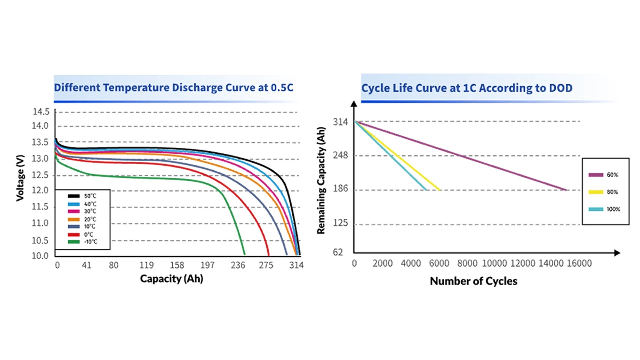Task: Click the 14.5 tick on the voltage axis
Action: tap(41, 112)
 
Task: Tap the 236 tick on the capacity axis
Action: tap(238, 265)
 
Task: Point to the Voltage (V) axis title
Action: tap(20, 178)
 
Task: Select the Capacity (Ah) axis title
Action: tap(171, 279)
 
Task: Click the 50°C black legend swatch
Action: tap(74, 196)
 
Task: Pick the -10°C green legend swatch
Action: tap(74, 242)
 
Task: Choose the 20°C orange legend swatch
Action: tap(74, 219)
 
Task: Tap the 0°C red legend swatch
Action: tap(74, 234)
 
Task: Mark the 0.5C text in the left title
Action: tap(282, 88)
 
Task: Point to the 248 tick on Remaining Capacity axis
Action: tap(340, 155)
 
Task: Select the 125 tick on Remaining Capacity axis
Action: tap(340, 223)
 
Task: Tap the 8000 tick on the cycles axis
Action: tap(467, 263)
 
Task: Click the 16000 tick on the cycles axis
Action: tap(579, 263)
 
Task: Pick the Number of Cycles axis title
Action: tap(473, 281)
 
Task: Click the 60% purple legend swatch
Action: tap(596, 175)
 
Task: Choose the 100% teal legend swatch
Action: tap(596, 209)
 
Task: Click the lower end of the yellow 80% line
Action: tap(439, 190)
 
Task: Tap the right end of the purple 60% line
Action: tap(566, 190)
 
